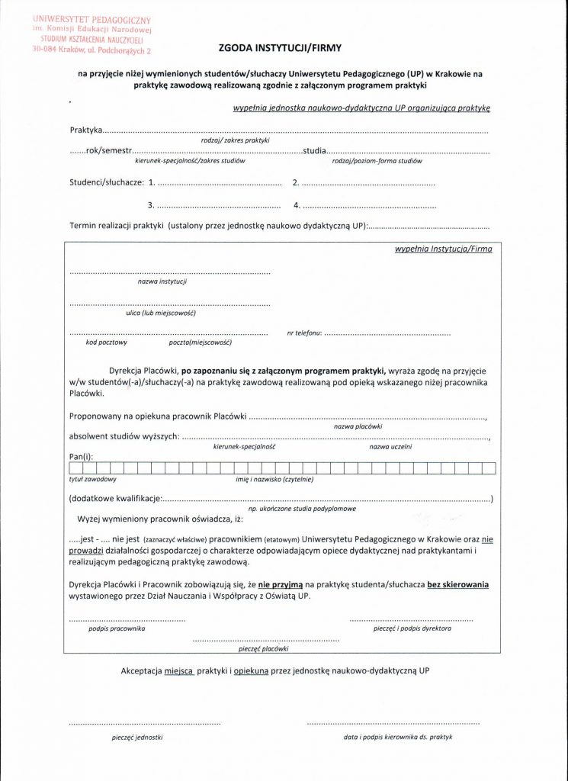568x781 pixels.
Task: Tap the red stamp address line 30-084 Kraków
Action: point(88,50)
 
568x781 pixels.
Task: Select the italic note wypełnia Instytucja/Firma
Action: point(443,249)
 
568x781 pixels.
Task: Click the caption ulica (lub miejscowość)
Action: point(161,313)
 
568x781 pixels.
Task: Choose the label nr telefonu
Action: point(304,333)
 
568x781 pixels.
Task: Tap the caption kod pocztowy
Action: point(107,342)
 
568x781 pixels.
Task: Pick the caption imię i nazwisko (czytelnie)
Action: point(274,480)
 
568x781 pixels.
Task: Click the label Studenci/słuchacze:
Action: point(106,182)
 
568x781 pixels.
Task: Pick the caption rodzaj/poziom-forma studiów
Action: point(377,161)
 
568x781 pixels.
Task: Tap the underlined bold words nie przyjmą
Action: point(286,585)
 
